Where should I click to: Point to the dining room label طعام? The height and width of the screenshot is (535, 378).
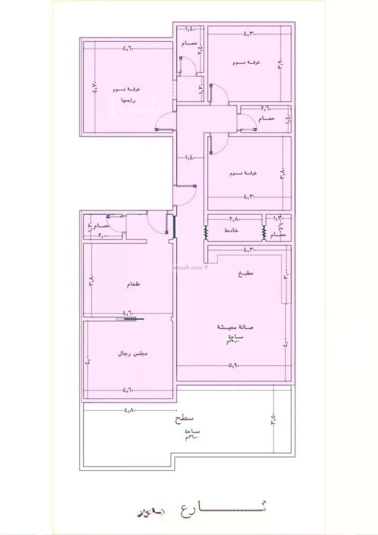pyautogui.click(x=134, y=284)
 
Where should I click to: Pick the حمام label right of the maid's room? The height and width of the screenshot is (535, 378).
pyautogui.click(x=278, y=235)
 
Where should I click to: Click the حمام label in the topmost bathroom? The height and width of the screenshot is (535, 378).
pyautogui.click(x=190, y=44)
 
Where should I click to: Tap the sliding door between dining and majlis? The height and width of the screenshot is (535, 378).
pyautogui.click(x=130, y=319)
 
